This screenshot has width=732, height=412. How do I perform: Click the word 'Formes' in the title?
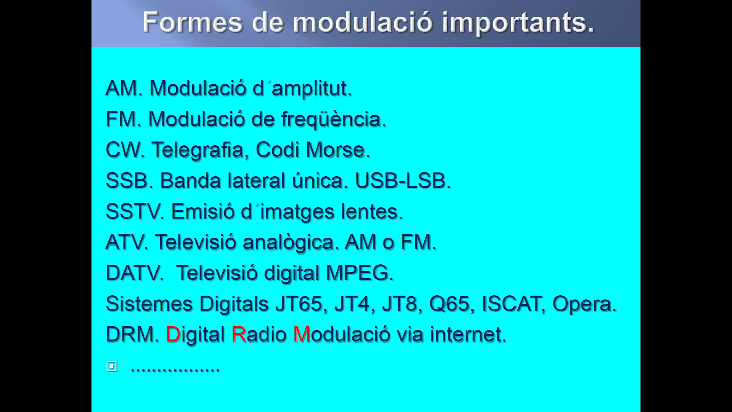coord(193,22)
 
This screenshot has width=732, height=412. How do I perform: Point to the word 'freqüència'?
coord(331,119)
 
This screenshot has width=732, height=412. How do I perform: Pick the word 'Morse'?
coord(335,150)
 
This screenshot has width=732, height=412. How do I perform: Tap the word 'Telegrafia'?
coord(197,150)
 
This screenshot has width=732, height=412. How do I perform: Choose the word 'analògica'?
coord(288,243)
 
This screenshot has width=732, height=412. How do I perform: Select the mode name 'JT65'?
coord(299,304)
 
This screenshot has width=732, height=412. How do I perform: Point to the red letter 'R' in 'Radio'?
coord(239,335)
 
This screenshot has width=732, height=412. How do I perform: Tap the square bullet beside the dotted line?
coord(111,366)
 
